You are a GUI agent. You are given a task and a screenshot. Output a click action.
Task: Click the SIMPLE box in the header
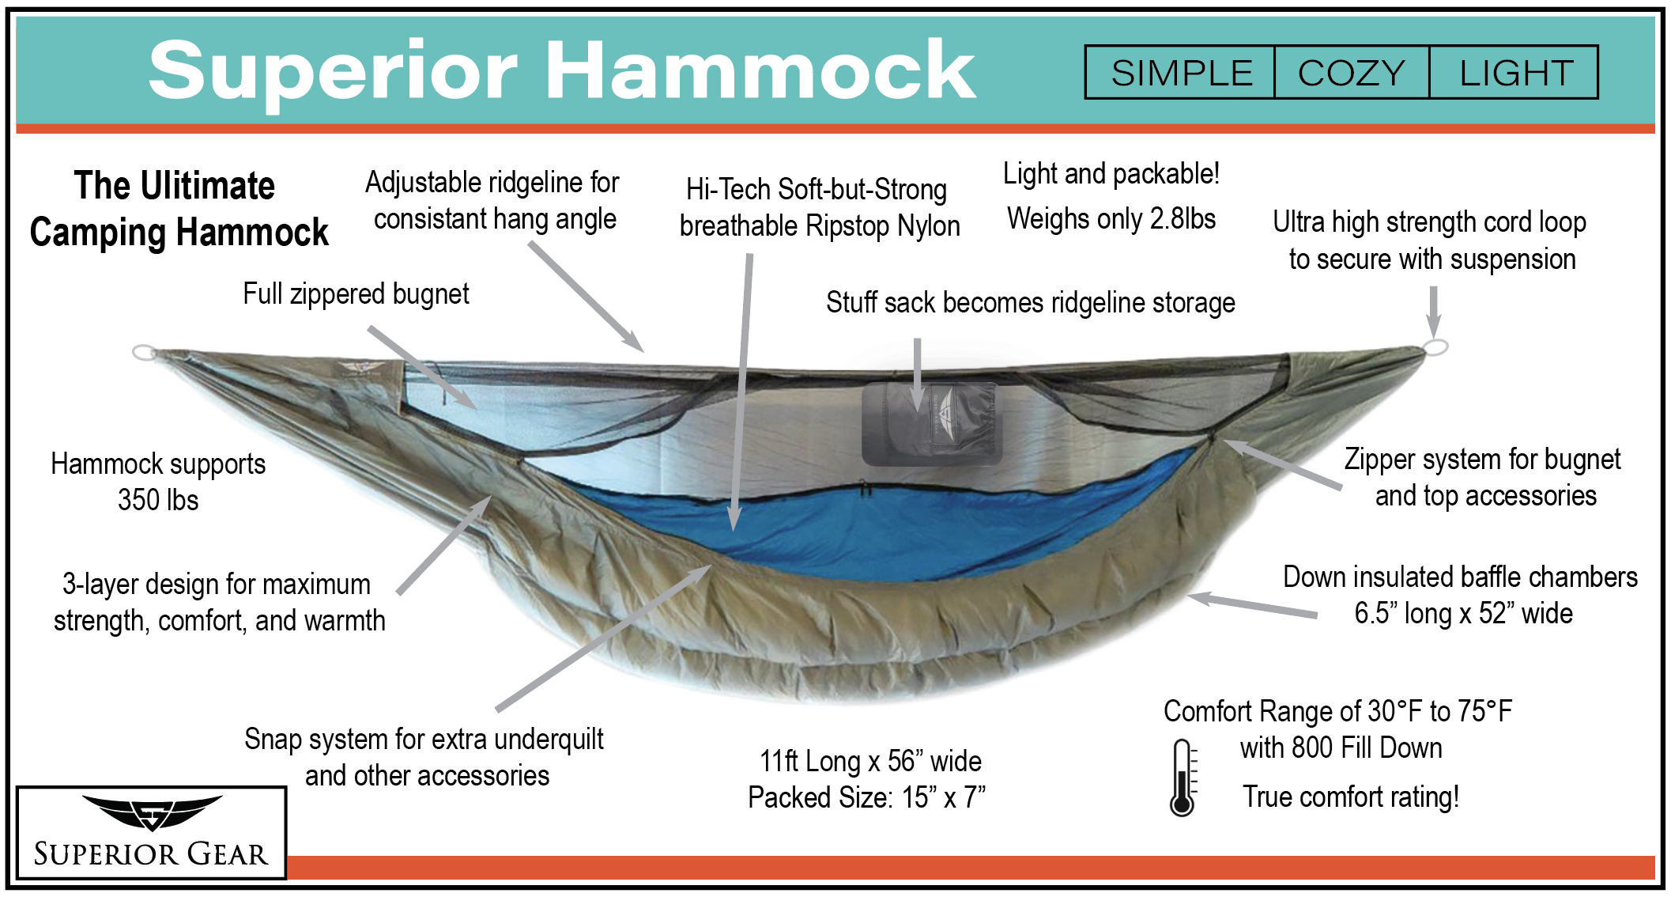pos(1180,72)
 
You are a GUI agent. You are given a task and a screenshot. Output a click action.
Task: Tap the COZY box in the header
pos(1352,72)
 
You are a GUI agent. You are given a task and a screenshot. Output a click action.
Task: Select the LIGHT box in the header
pos(1514,72)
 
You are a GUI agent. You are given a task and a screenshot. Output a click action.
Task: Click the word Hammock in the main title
pos(760,71)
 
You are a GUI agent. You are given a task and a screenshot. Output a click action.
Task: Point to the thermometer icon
pos(1183,778)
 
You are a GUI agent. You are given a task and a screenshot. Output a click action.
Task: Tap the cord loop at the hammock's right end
pos(1435,346)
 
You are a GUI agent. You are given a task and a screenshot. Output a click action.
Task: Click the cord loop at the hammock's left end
pos(145,352)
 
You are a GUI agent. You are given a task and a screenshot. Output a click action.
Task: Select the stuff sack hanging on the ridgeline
pos(931,423)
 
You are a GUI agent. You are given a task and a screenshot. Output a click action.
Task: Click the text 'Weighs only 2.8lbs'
pos(1111,218)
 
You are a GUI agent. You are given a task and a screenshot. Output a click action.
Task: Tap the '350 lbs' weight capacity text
pos(158,500)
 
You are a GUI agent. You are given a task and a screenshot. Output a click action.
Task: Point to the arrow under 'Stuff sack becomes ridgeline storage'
pos(918,374)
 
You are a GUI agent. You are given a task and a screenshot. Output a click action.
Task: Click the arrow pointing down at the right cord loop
pos(1433,312)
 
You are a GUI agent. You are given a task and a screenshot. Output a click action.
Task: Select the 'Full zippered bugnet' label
pos(356,293)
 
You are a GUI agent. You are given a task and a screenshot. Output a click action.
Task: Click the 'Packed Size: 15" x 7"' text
pos(867,797)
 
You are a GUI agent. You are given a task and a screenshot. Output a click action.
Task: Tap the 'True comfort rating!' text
pos(1351,797)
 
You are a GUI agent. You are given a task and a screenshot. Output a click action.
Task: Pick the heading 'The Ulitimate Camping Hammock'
pos(179,209)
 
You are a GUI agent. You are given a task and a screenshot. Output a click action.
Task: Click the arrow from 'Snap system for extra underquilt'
pos(604,638)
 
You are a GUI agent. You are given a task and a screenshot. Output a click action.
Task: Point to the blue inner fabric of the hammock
pos(869,522)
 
